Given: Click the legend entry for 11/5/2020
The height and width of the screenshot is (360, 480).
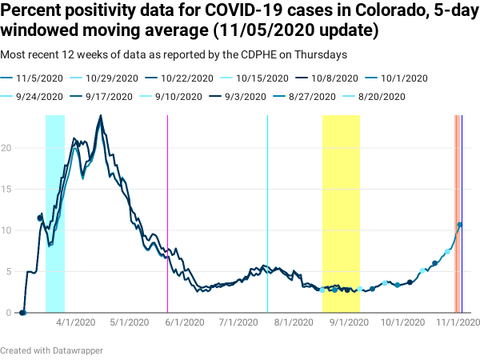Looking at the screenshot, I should (x=37, y=78).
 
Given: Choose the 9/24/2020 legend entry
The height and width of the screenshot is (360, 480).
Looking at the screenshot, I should (x=37, y=96).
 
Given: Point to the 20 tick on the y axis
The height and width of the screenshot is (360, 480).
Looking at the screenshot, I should (x=8, y=148).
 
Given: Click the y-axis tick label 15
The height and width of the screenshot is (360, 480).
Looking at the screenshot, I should (x=8, y=190).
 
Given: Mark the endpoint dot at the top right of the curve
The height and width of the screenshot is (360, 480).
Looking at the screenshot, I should (x=460, y=225).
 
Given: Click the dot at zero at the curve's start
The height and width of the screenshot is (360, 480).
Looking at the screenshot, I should (x=23, y=313).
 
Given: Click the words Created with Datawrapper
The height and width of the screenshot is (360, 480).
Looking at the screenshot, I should (x=51, y=350).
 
